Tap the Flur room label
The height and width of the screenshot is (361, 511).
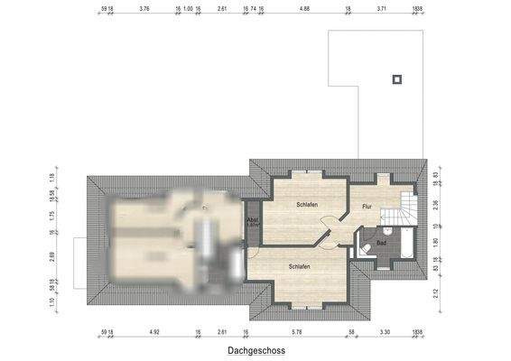[x=367, y=207]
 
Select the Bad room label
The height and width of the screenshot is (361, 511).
[x=382, y=243]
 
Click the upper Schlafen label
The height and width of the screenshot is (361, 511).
[x=306, y=205]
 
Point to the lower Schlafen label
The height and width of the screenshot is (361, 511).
[x=301, y=267]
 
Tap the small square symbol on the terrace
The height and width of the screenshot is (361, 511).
[x=395, y=79]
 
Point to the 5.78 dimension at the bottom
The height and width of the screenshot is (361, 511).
[x=299, y=333]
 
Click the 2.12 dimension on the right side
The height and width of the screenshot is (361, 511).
[x=435, y=292]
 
